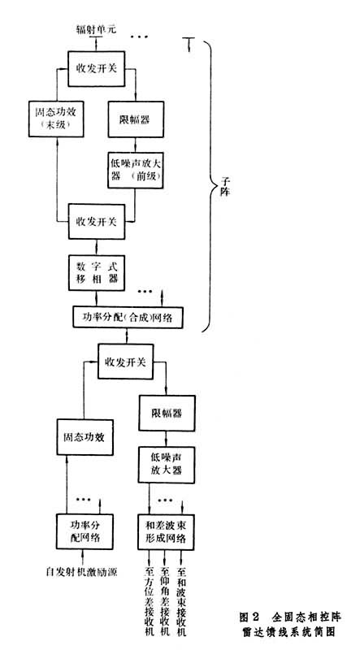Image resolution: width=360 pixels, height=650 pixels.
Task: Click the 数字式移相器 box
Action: (95, 272)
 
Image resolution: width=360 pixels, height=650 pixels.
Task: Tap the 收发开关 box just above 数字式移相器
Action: (95, 221)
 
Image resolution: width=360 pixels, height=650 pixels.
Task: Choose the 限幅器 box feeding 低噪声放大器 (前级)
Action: (136, 119)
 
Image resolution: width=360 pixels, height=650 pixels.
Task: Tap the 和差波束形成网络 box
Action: (165, 530)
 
